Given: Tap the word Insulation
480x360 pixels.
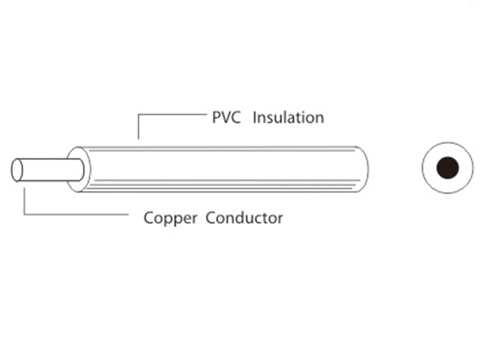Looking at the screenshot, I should (288, 117).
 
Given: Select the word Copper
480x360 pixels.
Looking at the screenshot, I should (170, 218).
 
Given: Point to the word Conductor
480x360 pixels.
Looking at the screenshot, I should (244, 218).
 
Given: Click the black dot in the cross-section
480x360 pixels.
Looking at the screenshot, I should (447, 168).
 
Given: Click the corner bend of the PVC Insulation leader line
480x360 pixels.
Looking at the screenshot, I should (138, 115).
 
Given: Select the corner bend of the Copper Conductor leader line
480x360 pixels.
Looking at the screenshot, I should (24, 214).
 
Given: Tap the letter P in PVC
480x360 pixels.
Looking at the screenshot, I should (216, 117).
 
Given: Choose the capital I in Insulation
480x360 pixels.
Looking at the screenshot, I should (254, 117).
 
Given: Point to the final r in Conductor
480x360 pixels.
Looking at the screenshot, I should (281, 219).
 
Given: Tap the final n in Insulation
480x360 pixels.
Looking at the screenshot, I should (320, 119).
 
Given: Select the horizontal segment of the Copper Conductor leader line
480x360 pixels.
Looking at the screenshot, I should (77, 214).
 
